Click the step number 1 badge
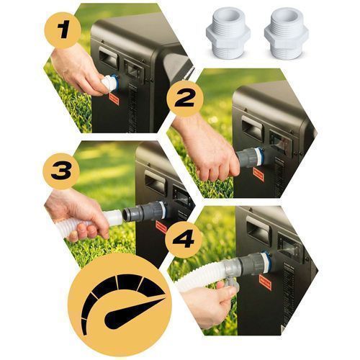pos(63,30)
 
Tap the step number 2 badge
pos(185,99)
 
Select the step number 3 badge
pos(61,171)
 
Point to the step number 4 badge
pos(184,240)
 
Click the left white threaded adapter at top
pos(228,33)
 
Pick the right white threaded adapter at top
pos(286,33)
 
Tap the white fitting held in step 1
pos(109,83)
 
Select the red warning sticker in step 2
pos(258,174)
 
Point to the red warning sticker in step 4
pos(265,282)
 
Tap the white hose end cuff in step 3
pos(114,217)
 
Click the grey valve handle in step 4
pos(230,284)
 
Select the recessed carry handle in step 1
pos(109,57)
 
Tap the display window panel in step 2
pos(280,143)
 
